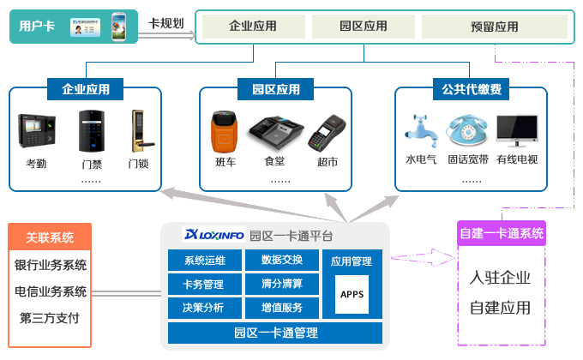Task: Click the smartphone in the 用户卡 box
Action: click(x=118, y=27)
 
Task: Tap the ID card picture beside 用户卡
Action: click(x=85, y=27)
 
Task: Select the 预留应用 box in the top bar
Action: click(x=495, y=27)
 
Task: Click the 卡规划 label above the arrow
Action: click(x=166, y=23)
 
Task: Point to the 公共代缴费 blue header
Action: click(x=471, y=89)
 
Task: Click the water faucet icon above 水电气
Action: click(x=421, y=131)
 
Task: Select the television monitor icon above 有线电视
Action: click(x=517, y=130)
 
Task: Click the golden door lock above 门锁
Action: click(x=141, y=130)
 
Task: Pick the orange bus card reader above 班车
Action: click(x=225, y=132)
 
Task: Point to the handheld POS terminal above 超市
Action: click(x=327, y=133)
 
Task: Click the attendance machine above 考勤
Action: click(x=37, y=130)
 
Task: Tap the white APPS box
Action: click(x=352, y=294)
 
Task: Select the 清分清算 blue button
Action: click(x=282, y=284)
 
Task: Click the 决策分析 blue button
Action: click(x=205, y=308)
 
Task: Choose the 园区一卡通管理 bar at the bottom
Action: click(x=275, y=333)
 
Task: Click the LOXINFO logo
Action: click(x=213, y=235)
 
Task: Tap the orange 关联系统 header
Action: click(x=50, y=237)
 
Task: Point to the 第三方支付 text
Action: click(x=50, y=318)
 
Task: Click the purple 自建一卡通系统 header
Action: click(x=502, y=233)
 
